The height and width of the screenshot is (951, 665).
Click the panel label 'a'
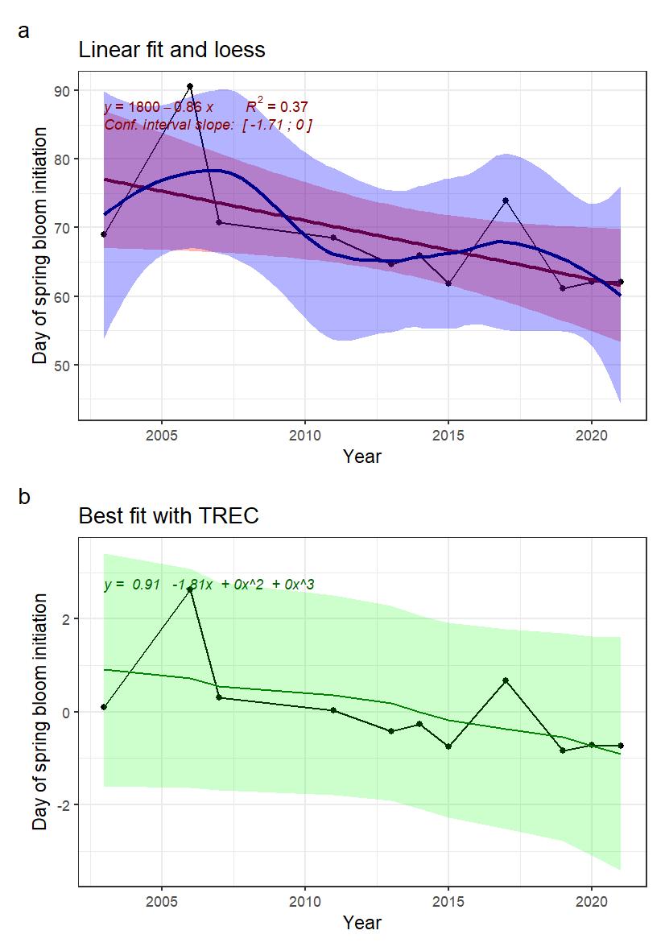[23, 31]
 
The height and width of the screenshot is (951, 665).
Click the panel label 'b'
[24, 498]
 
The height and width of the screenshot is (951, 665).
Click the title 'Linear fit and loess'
[171, 50]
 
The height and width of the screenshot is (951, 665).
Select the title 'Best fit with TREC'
[168, 516]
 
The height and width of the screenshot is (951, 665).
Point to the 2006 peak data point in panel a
[190, 86]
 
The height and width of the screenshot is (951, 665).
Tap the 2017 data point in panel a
[506, 201]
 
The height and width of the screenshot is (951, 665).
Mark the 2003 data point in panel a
[104, 234]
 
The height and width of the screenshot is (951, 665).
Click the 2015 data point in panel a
[448, 284]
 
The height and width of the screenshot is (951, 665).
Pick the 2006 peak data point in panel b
[190, 589]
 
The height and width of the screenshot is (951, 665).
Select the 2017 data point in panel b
[506, 680]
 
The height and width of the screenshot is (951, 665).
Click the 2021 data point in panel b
[621, 746]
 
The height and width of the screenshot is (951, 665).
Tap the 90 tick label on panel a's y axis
[61, 90]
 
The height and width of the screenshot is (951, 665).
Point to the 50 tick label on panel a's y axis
[61, 366]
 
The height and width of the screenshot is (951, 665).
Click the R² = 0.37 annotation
[277, 106]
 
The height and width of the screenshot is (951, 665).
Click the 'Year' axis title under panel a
[361, 457]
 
